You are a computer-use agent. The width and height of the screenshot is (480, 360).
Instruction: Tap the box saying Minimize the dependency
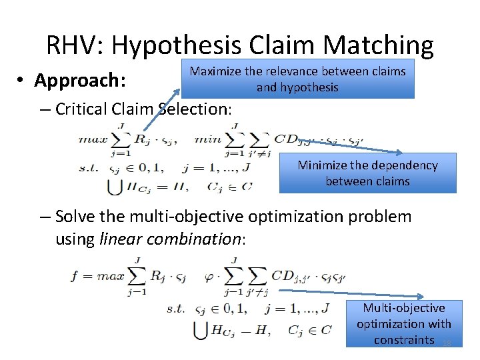pos(367,173)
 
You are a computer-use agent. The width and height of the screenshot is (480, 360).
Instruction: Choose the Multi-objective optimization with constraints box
pos(404,323)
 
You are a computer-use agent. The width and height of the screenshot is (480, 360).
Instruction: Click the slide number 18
pos(447,343)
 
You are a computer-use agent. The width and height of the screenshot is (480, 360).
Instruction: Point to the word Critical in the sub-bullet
pos(83,109)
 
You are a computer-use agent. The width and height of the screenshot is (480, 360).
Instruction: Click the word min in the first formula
pos(207,139)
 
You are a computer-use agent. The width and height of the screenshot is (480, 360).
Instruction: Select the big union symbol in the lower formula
pos(200,329)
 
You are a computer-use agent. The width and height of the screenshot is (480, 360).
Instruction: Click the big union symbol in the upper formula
pos(115,186)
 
